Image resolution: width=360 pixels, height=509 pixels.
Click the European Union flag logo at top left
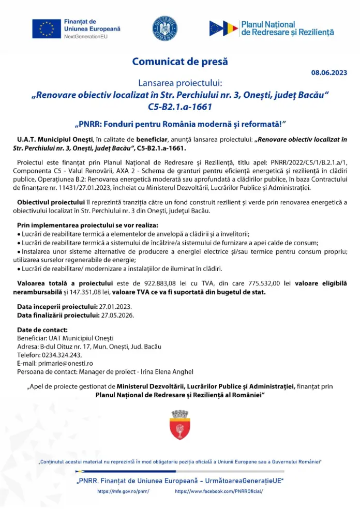coord(47,28)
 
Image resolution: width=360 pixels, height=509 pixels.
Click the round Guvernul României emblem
coord(166,28)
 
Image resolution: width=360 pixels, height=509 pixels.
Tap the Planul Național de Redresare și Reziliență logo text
coord(287,28)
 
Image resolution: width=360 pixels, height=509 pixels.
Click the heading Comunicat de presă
coord(180,62)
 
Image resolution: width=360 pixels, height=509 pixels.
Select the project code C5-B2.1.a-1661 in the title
coord(179,108)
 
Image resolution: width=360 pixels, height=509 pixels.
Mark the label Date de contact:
coord(42,330)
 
